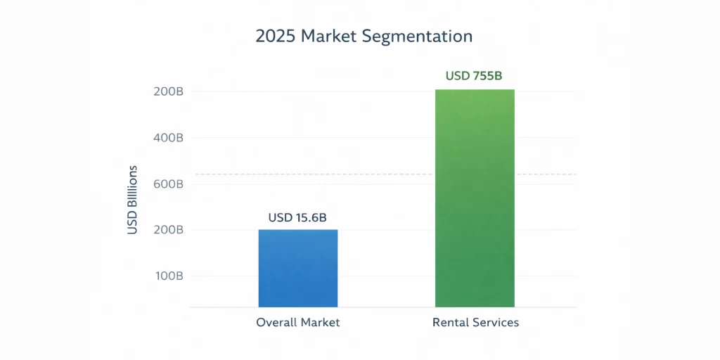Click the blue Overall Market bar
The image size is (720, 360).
coord(298,268)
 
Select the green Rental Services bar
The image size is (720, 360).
coord(475,198)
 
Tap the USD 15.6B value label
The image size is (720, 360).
coord(297,218)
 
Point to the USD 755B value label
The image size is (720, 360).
coord(474,75)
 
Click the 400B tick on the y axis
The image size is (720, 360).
coord(168,138)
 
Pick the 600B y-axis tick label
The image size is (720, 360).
coord(168,184)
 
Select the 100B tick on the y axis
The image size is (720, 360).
coord(168,276)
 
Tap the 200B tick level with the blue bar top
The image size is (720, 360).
coord(168,230)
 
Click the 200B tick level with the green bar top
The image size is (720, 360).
coord(168,91)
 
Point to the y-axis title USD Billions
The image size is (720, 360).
coord(132,200)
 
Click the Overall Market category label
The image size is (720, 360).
coord(298,323)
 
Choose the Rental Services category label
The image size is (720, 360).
coord(475,323)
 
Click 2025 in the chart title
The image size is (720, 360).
coord(271,36)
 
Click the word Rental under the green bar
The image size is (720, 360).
coord(451,323)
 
